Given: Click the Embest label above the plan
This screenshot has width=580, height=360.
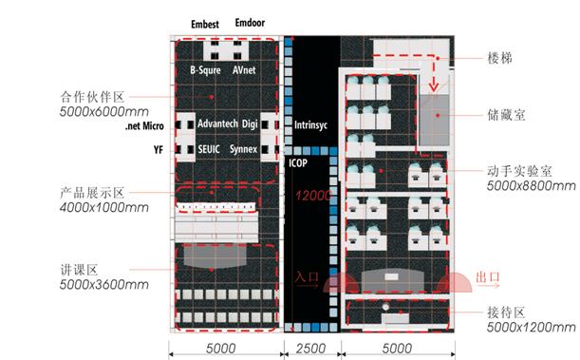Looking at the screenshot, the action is tap(205, 25).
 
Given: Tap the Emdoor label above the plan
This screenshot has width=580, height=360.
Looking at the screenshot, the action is tap(250, 23).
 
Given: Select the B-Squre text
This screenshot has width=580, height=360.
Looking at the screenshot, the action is tap(205, 70).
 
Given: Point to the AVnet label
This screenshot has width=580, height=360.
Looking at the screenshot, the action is tap(244, 69).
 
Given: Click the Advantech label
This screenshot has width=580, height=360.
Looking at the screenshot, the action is tap(217, 123).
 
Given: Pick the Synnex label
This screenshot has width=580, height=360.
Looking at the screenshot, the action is tap(243, 149).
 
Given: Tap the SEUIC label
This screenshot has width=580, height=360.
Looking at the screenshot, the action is tap(209, 149).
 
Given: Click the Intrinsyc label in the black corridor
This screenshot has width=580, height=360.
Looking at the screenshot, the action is tap(310, 125).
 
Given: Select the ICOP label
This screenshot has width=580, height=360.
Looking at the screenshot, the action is tap(298, 162).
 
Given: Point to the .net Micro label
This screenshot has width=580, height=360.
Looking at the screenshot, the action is tap(144, 125).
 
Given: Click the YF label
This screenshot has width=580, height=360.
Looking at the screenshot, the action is tap(159, 149).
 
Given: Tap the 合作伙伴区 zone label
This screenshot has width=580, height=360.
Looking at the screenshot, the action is tap(92, 97).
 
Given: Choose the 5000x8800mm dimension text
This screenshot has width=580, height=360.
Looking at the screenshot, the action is tap(532, 186).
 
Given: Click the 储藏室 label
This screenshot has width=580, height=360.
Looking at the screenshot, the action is tap(506, 115).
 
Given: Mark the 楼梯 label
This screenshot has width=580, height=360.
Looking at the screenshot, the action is tap(499, 58).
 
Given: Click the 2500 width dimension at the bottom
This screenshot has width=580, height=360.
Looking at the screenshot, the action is tap(310, 349).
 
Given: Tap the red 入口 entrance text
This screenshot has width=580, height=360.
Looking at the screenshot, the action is tap(307, 276).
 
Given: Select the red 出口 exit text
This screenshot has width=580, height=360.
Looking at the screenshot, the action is tap(488, 276).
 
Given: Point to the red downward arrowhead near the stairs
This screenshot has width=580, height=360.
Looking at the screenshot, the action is tap(434, 87).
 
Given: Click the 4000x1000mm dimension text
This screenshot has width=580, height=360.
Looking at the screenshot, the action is tap(103, 208).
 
